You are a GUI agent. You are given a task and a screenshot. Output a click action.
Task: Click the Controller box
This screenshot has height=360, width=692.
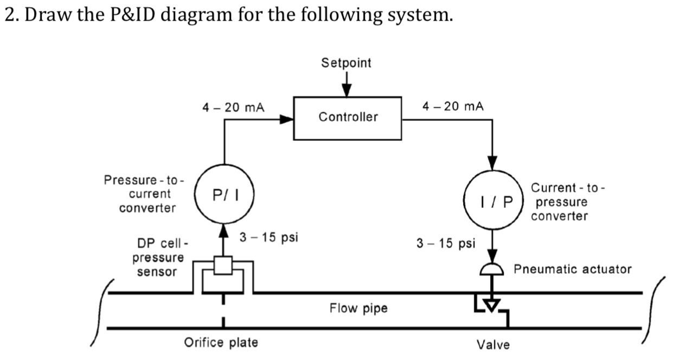tap(348, 118)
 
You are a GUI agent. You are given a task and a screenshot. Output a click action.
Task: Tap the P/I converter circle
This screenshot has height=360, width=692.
tap(222, 194)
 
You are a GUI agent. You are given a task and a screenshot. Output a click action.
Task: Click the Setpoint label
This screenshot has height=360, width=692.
tap(346, 63)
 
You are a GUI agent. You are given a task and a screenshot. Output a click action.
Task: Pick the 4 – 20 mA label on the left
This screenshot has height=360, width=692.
tap(233, 107)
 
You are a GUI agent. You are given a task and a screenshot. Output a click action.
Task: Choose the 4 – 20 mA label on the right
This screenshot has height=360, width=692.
tap(453, 106)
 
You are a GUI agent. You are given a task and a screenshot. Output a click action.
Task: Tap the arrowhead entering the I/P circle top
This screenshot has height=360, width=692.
tap(492, 163)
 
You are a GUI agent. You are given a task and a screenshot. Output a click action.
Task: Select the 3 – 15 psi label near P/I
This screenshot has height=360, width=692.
tap(269, 237)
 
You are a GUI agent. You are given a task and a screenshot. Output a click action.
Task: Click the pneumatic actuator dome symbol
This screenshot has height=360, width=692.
tap(492, 269)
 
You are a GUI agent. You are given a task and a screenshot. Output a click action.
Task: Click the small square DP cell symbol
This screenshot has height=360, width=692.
tap(222, 265)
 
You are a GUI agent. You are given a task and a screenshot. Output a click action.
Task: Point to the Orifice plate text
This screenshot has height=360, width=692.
tap(221, 343)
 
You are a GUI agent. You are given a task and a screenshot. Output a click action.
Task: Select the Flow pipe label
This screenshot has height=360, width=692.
tap(358, 308)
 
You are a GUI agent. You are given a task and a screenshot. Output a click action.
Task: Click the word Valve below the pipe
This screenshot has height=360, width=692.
tap(493, 345)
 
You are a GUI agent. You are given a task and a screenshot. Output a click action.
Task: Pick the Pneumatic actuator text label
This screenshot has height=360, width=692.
tap(572, 269)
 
